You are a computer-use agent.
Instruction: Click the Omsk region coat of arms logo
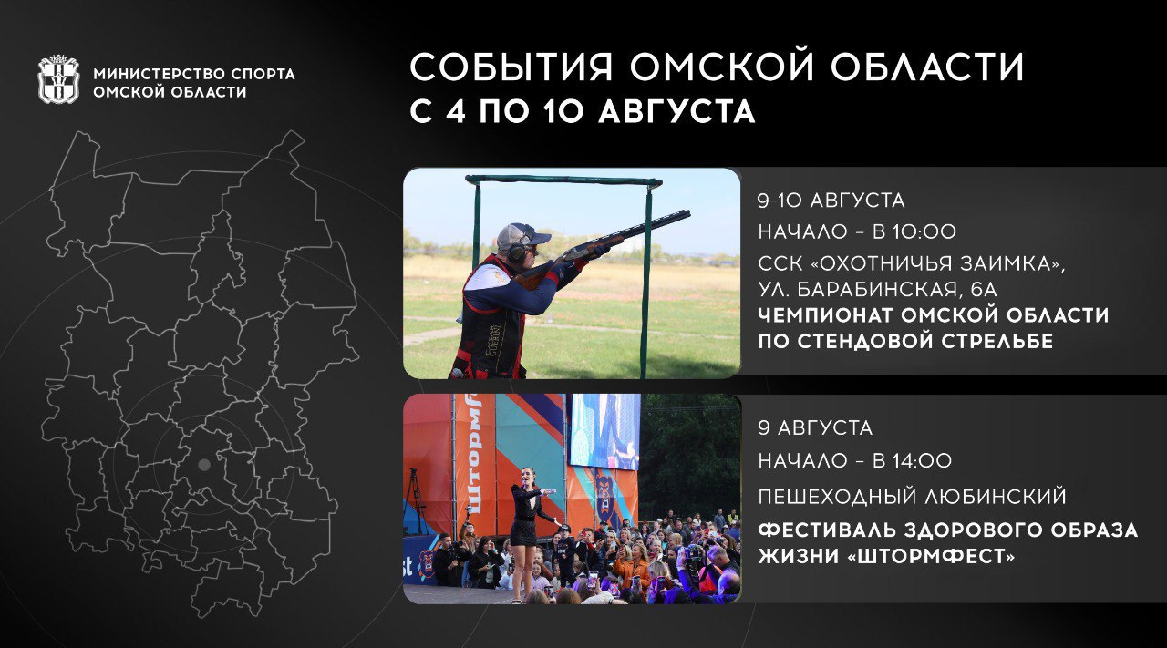click(x=59, y=79)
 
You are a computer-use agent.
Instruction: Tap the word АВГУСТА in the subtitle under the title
click(x=676, y=110)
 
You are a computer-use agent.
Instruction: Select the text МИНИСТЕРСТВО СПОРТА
click(x=194, y=74)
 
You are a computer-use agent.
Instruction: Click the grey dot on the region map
click(x=203, y=465)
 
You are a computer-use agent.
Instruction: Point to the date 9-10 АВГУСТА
click(x=831, y=201)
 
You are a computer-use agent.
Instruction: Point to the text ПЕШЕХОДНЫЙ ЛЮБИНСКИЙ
click(x=913, y=497)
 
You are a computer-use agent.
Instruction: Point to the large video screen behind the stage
click(x=604, y=431)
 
